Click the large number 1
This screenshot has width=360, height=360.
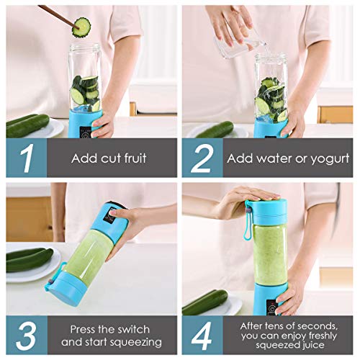point(25,157)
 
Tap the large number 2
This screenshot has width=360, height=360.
point(202,157)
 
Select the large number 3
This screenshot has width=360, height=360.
point(25,335)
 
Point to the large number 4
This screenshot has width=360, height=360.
point(202,335)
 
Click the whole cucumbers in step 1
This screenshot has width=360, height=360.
point(27,125)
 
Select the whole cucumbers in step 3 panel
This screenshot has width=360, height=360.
point(29,258)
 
